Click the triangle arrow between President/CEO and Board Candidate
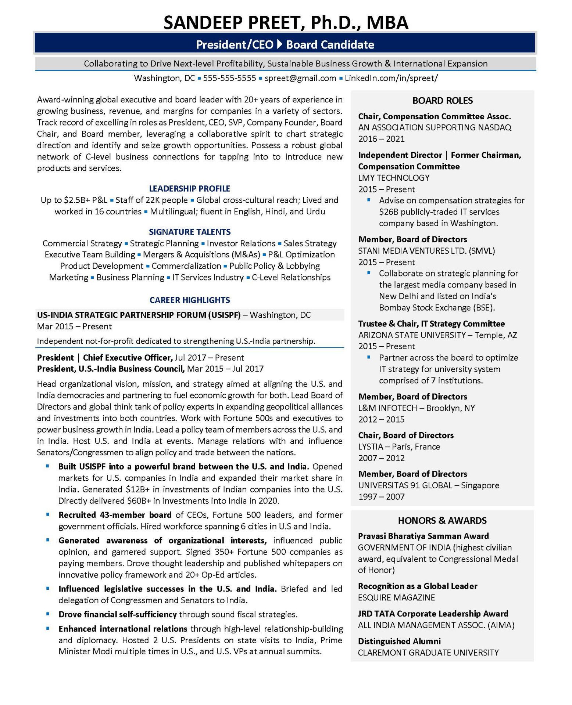(279, 44)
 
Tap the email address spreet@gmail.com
(300, 78)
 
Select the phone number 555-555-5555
(229, 78)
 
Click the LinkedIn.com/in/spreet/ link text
(391, 78)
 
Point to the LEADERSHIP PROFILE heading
(189, 189)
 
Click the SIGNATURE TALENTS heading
(190, 232)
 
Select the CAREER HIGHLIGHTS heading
(190, 300)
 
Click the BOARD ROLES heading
(442, 101)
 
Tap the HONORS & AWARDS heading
(442, 521)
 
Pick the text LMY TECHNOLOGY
(394, 178)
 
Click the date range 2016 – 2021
(381, 139)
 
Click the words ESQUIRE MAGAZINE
(396, 598)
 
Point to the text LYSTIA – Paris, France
(399, 447)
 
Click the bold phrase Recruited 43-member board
(115, 515)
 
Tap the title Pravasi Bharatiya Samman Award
(423, 536)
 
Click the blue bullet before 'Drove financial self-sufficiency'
(47, 614)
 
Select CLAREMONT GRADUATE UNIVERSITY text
(428, 653)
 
